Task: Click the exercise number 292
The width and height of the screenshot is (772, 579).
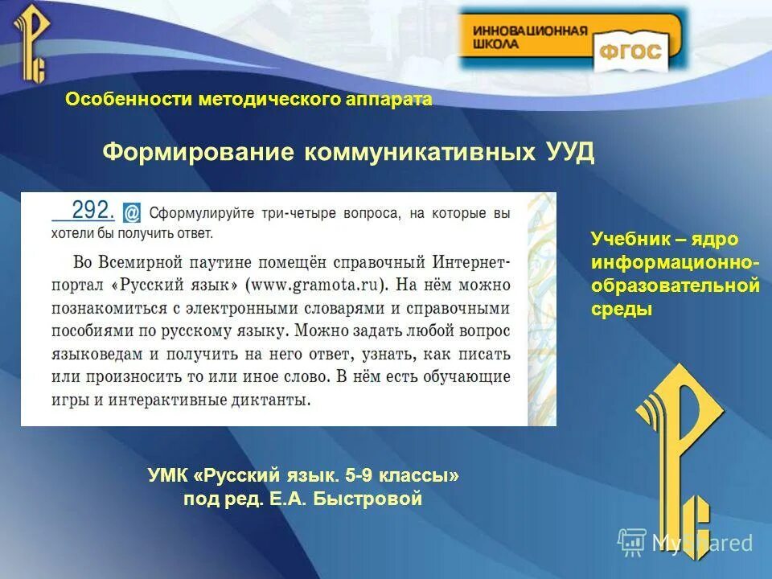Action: tap(93, 210)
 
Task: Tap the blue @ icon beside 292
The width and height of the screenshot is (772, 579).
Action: tap(131, 212)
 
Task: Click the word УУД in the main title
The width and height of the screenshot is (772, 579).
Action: tap(568, 153)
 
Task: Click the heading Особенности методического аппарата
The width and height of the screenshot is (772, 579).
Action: tap(248, 99)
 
